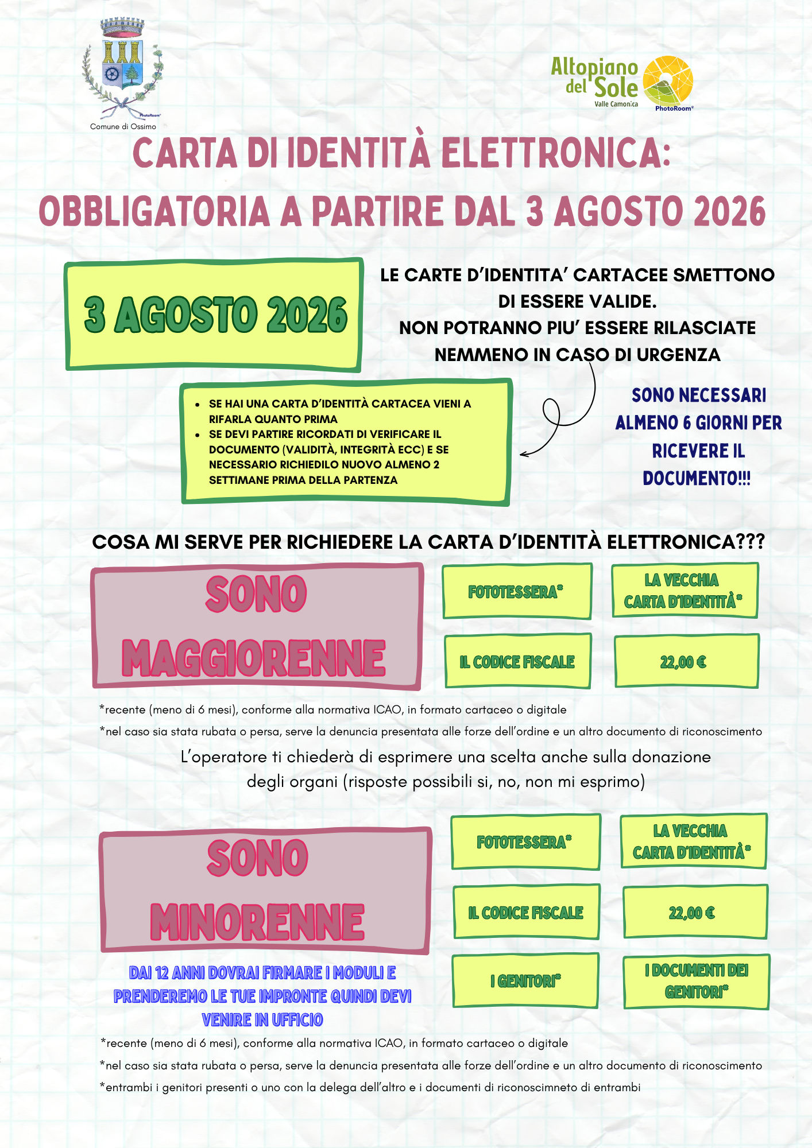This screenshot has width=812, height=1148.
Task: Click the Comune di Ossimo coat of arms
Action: (x=122, y=66)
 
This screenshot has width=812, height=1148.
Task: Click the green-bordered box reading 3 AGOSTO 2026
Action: (x=214, y=315)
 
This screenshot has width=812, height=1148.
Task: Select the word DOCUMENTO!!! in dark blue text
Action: (x=696, y=478)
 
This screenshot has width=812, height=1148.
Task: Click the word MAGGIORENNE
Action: (x=253, y=658)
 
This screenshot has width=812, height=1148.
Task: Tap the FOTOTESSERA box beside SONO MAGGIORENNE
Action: (x=516, y=591)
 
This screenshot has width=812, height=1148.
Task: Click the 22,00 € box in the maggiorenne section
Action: (x=686, y=662)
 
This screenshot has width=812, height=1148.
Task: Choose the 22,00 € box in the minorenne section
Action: (x=695, y=913)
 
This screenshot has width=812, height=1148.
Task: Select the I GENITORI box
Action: (x=525, y=981)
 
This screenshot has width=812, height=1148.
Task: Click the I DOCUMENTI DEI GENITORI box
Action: (x=696, y=981)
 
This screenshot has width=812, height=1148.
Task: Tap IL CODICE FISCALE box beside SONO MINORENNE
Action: (x=525, y=913)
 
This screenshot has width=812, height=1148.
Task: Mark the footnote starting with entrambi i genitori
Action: (x=370, y=1087)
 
